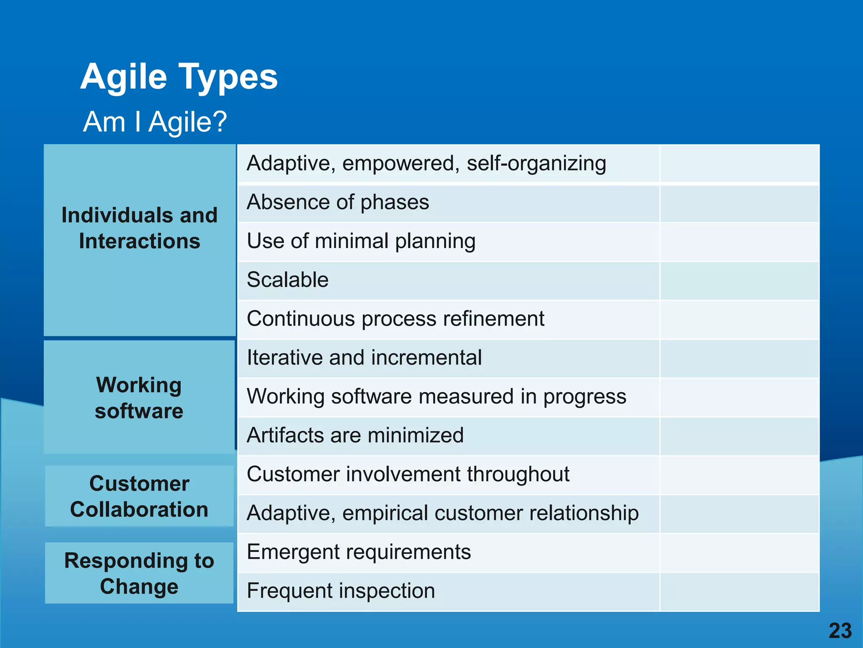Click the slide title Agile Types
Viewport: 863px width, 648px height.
[179, 77]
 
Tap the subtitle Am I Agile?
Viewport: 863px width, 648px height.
[155, 122]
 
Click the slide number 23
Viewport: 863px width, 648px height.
[840, 631]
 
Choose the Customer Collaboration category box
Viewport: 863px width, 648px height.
[139, 496]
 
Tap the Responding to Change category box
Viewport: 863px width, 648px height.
[139, 573]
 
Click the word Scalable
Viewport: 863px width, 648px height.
[287, 280]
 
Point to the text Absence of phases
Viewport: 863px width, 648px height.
[338, 202]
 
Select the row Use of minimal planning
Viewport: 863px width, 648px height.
[361, 241]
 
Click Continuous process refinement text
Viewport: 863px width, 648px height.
[395, 319]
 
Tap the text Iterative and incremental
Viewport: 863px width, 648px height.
[364, 358]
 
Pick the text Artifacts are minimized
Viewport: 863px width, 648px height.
[355, 435]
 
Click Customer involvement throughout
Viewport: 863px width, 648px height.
[408, 474]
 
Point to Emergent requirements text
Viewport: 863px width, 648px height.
[359, 552]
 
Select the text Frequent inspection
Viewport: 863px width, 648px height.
[340, 591]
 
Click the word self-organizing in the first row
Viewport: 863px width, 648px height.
[536, 164]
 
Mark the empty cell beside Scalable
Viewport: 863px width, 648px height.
[739, 281]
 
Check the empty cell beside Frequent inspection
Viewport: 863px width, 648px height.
[739, 591]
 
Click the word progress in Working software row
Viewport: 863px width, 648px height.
[584, 397]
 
